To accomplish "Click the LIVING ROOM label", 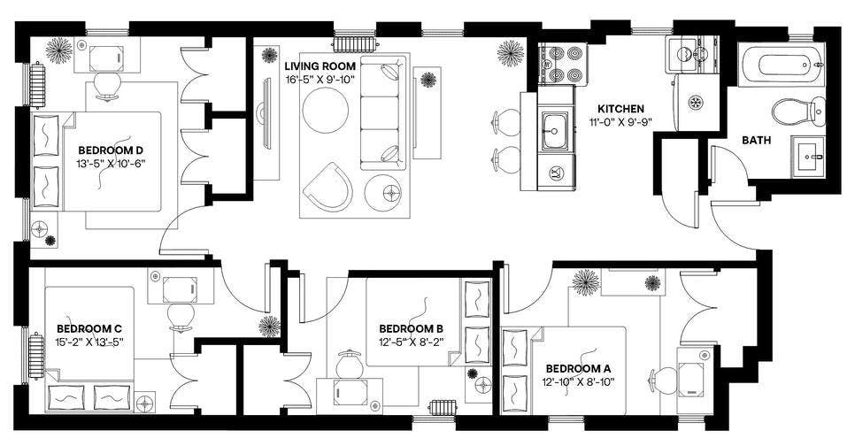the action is coord(320,66).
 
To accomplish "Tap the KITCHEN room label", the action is coord(620,109).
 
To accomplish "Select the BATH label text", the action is coord(756,140).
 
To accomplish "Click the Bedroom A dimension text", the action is coord(579,381).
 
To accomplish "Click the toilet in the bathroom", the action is coord(798,111).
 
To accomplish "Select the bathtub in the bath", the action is coord(781,65).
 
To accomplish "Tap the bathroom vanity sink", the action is coord(808,156).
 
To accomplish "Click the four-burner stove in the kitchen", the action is coord(563,64).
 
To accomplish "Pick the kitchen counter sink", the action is coord(554,131).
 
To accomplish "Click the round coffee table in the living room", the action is coord(326,110).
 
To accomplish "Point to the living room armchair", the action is coord(328,187).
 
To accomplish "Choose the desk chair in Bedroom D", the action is coord(106,86).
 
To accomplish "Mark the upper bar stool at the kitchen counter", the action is coord(507,120).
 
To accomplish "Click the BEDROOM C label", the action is coord(89,329).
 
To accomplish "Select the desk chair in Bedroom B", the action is coord(350,363).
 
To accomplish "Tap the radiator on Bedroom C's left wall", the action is coord(36,357).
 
